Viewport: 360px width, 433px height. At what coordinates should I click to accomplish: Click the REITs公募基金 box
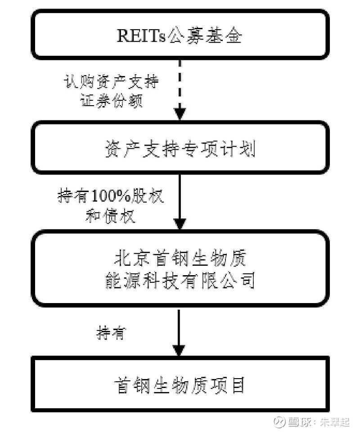coord(180,35)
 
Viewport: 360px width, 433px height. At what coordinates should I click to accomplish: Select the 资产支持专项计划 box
coord(180,147)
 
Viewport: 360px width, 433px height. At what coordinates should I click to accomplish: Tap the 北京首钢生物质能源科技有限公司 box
coord(180,268)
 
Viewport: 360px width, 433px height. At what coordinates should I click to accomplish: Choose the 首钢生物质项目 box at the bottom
coord(180,384)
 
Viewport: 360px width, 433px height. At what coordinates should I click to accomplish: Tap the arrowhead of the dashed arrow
coord(180,112)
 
